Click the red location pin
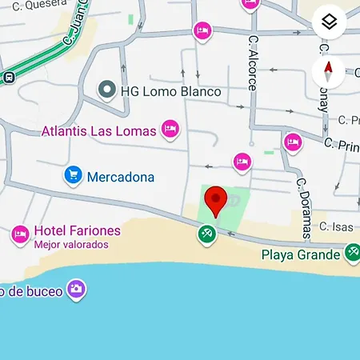(x=215, y=201)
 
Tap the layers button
(x=330, y=22)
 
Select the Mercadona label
(x=121, y=176)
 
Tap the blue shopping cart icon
(x=74, y=175)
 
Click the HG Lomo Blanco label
(x=170, y=91)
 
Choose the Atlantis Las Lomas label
(x=99, y=128)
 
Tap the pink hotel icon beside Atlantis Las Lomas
(x=170, y=128)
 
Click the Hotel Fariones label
(x=77, y=231)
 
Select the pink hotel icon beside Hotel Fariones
(x=20, y=234)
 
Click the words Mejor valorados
(x=71, y=245)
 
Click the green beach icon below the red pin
(x=207, y=234)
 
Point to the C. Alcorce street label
(x=253, y=62)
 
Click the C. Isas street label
(x=336, y=227)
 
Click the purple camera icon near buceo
(x=76, y=288)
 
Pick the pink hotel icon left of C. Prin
(x=293, y=142)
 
